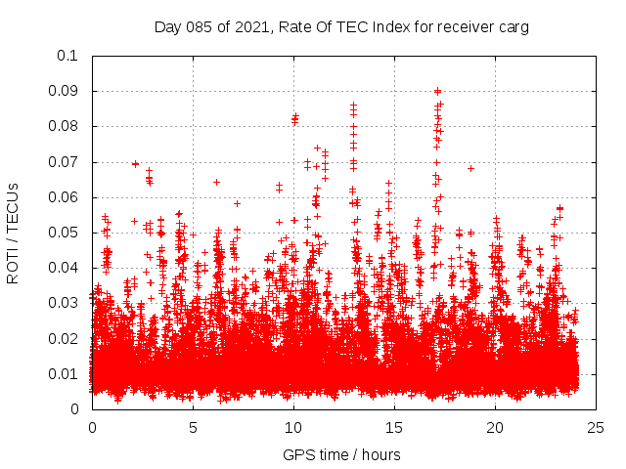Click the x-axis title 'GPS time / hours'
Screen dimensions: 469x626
pyautogui.click(x=341, y=454)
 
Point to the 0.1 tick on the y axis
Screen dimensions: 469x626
pyautogui.click(x=68, y=56)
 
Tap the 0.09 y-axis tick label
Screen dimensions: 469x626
pyautogui.click(x=65, y=91)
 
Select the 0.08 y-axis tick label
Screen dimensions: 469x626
pyautogui.click(x=65, y=126)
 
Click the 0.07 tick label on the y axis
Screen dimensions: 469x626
pyautogui.click(x=65, y=161)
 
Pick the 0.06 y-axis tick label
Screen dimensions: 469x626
pyautogui.click(x=65, y=197)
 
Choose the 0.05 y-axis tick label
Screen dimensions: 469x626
pyautogui.click(x=65, y=233)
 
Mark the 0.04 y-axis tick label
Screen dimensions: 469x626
pyautogui.click(x=65, y=268)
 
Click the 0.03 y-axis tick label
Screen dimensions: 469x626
pyautogui.click(x=65, y=303)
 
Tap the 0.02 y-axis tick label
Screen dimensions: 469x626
pyautogui.click(x=65, y=338)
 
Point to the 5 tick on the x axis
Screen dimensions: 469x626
pyautogui.click(x=193, y=427)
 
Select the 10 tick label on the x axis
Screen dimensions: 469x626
pyautogui.click(x=293, y=427)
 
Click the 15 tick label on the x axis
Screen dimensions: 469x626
pyautogui.click(x=394, y=427)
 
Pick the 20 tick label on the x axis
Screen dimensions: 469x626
pyautogui.click(x=495, y=427)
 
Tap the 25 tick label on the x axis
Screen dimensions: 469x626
pyautogui.click(x=596, y=427)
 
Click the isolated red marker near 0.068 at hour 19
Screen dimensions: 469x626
pyautogui.click(x=470, y=168)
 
